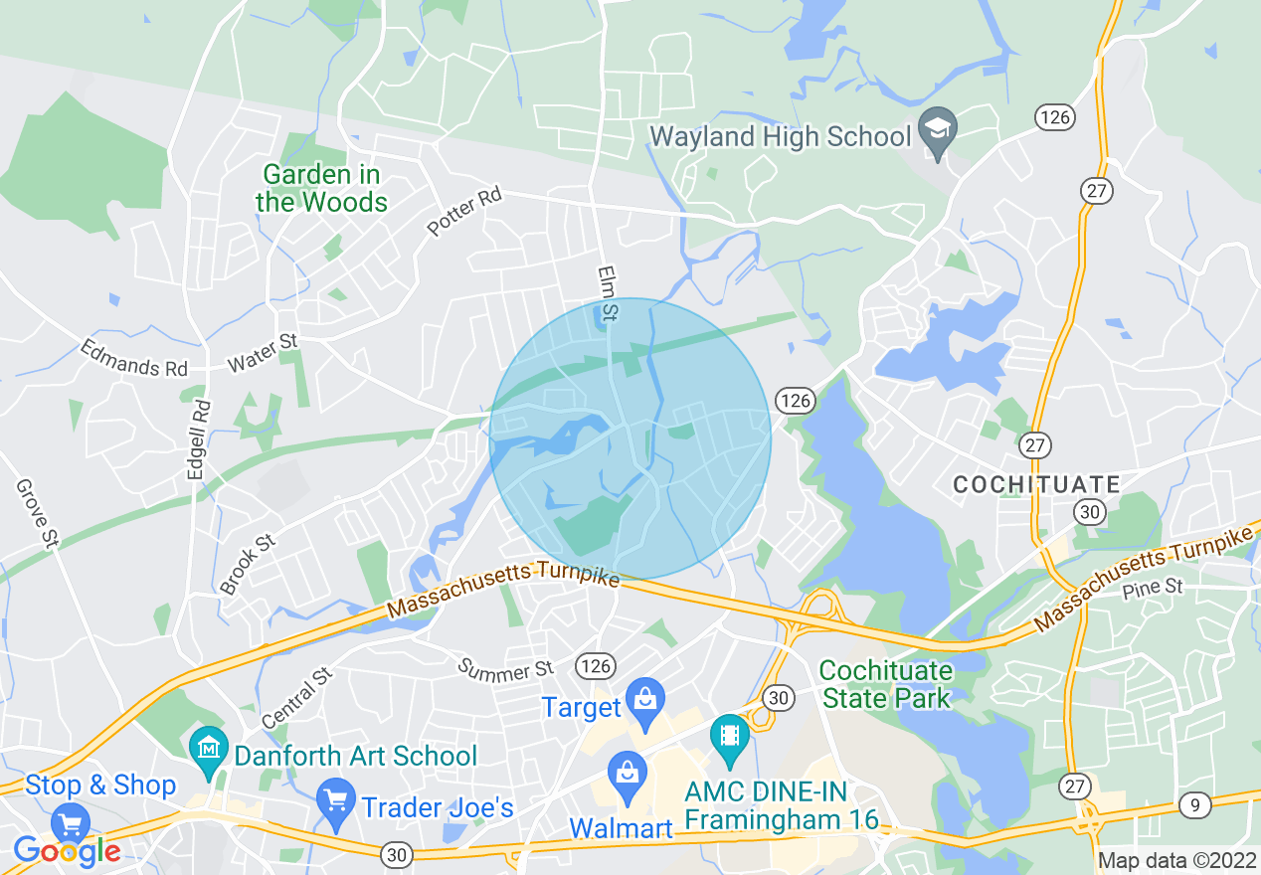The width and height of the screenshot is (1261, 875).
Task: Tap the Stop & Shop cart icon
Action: click(x=71, y=823)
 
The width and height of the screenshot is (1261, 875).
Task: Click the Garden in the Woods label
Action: click(x=321, y=189)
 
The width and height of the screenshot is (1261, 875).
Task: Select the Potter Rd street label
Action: click(x=464, y=212)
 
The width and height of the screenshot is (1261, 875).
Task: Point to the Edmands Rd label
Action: click(x=133, y=359)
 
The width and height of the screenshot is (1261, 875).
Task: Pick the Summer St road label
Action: click(x=505, y=669)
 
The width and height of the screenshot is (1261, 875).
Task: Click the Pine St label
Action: click(x=1153, y=588)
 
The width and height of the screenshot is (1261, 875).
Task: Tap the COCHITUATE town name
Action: click(x=1036, y=484)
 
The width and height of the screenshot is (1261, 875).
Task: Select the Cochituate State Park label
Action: click(x=887, y=684)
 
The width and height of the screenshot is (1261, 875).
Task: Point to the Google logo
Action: click(x=67, y=851)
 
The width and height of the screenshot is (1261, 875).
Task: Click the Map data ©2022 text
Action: click(x=1176, y=859)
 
